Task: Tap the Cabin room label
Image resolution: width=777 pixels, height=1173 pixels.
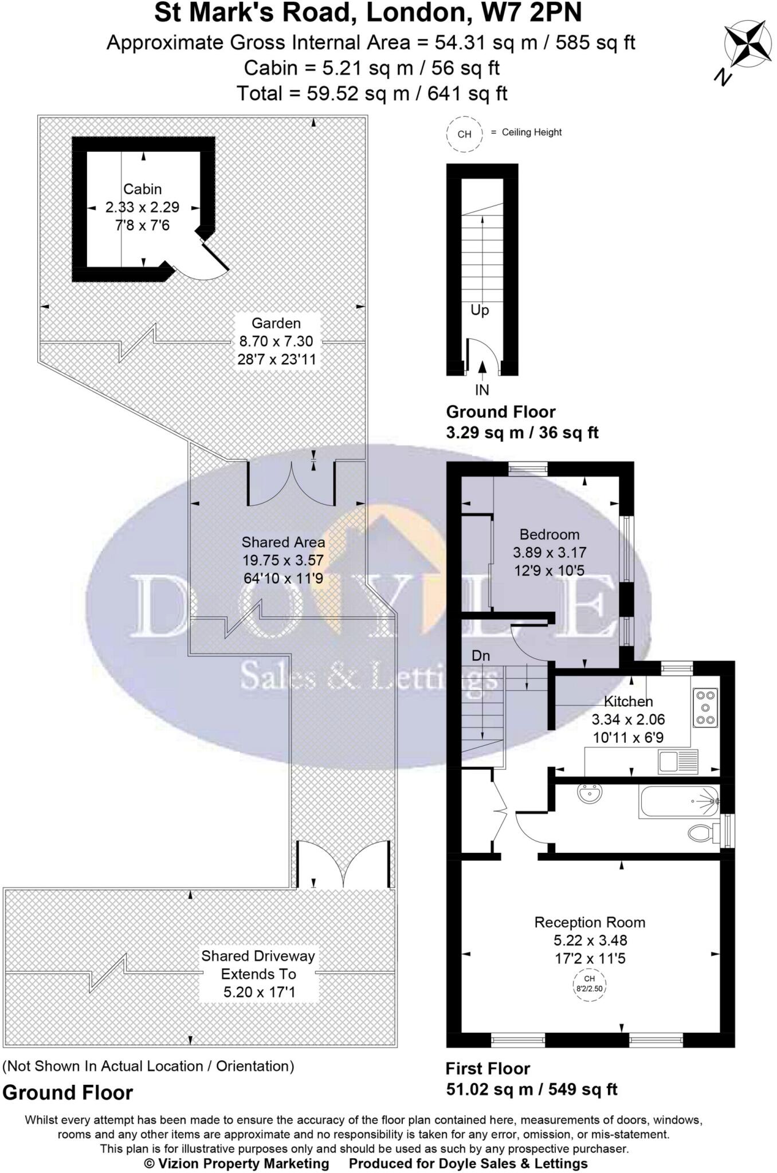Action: [x=143, y=189]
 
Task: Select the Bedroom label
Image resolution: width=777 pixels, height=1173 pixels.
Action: [x=549, y=534]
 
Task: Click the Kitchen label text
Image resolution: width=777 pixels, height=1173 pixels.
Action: [x=628, y=701]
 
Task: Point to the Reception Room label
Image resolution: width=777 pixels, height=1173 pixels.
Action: [x=590, y=922]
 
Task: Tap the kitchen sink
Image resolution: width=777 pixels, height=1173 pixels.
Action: [x=678, y=761]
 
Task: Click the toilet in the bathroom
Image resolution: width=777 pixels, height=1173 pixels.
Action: [x=703, y=832]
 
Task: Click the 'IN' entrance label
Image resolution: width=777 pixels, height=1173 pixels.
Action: [x=482, y=390]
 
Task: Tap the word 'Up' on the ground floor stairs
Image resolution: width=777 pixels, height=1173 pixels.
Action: [x=480, y=310]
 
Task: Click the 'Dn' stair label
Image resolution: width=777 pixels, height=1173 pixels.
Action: [x=481, y=656]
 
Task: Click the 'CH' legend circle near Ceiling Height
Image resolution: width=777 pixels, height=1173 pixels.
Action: [x=464, y=134]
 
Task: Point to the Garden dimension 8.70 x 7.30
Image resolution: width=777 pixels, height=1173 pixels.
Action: [x=276, y=341]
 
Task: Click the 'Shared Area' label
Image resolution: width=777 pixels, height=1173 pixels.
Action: [x=283, y=542]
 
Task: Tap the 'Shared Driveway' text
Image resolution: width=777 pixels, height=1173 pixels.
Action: [x=258, y=956]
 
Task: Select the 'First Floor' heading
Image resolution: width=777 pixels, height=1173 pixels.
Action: [x=488, y=1068]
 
